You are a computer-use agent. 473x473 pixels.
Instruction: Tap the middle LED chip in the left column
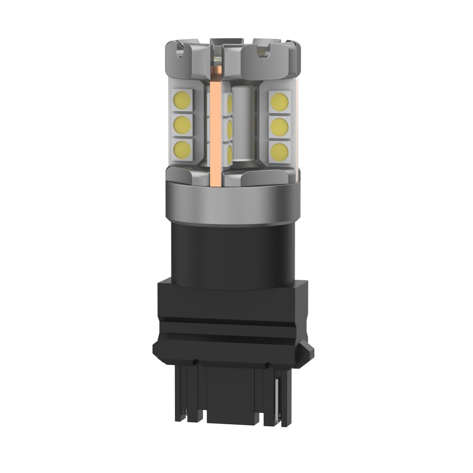point(183,124)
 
